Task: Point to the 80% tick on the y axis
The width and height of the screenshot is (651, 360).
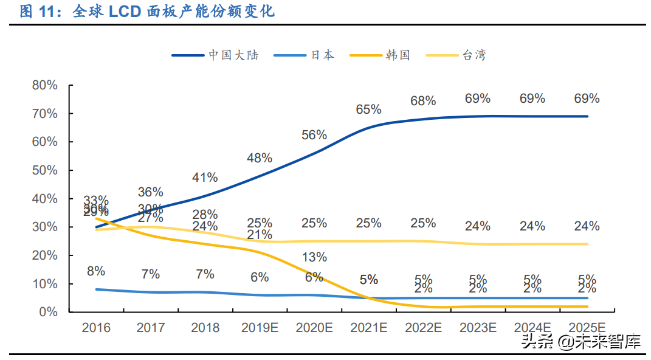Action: (44, 86)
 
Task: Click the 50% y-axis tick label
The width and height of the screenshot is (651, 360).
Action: (44, 171)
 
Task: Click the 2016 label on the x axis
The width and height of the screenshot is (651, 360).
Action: (96, 328)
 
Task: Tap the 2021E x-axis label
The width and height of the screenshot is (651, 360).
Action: (369, 328)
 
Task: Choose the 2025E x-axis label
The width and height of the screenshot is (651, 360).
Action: (587, 328)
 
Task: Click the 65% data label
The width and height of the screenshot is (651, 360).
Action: (369, 109)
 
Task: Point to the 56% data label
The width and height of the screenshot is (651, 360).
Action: (314, 135)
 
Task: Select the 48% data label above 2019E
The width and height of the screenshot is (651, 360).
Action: (260, 158)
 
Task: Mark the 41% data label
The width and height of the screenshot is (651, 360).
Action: (205, 178)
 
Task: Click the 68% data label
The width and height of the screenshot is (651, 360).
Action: (423, 101)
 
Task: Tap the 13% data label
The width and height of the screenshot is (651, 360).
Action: (314, 257)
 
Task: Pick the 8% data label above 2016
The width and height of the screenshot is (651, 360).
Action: (96, 271)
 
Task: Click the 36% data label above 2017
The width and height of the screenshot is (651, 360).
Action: (151, 192)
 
